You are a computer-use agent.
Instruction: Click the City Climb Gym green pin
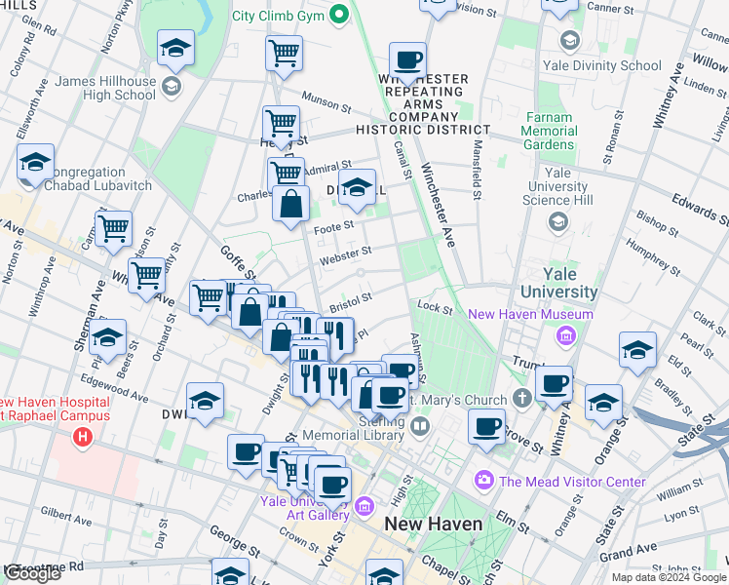(x=339, y=15)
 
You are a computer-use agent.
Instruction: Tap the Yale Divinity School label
(x=614, y=66)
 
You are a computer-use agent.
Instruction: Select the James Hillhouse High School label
(x=107, y=88)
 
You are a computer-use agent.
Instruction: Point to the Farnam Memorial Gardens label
(x=551, y=131)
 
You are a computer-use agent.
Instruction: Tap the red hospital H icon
(x=83, y=436)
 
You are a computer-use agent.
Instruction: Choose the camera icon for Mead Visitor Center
(x=483, y=481)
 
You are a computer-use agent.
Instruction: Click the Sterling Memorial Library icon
(x=420, y=426)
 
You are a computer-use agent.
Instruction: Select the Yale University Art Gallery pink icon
(x=364, y=505)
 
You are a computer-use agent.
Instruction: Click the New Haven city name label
(x=433, y=524)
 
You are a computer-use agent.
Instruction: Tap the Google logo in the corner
(x=32, y=573)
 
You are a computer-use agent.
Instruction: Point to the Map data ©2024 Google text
(x=669, y=577)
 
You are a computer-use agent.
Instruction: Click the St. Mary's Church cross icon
(x=522, y=399)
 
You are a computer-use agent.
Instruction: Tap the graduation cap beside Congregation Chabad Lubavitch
(x=36, y=164)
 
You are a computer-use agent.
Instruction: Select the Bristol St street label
(x=351, y=299)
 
